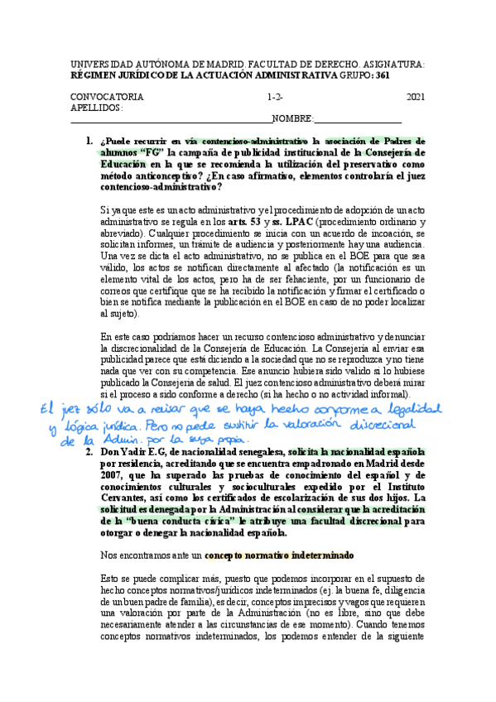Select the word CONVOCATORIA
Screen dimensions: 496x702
107,97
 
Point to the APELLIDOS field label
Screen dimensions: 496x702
97,108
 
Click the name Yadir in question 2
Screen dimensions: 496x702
132,452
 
